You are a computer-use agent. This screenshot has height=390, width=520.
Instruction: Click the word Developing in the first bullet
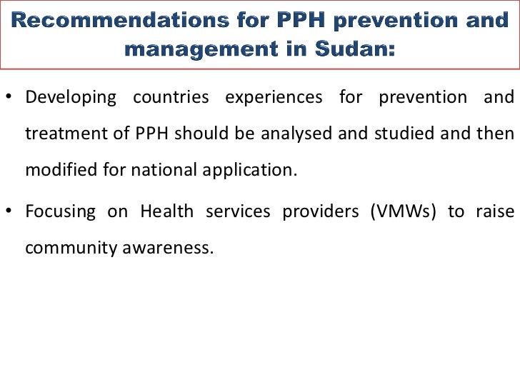[x=71, y=97]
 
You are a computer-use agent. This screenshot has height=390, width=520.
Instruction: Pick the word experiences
[x=274, y=97]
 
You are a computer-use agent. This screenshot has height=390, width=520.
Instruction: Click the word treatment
[x=63, y=134]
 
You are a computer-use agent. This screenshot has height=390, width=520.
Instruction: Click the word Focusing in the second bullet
[x=60, y=211]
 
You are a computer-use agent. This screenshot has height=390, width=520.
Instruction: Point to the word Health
[x=166, y=211]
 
